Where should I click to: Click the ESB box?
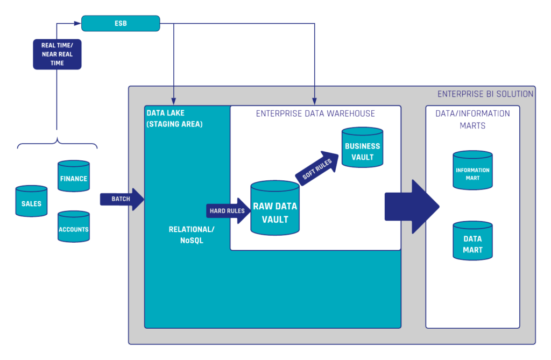click(121, 23)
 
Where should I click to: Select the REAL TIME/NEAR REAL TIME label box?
click(57, 54)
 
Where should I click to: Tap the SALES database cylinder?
click(31, 203)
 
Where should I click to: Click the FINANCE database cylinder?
click(74, 178)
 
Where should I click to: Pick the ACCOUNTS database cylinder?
click(74, 229)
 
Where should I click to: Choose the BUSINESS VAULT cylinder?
click(362, 151)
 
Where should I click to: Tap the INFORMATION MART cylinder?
click(472, 172)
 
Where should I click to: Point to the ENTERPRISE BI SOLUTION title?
click(485, 94)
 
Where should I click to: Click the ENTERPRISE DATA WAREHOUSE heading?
click(315, 114)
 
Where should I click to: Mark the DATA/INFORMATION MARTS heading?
click(472, 119)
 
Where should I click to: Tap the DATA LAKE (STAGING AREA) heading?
click(175, 118)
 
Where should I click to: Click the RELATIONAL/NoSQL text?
click(191, 234)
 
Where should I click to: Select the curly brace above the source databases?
click(58, 143)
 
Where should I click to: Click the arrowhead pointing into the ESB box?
click(77, 23)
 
